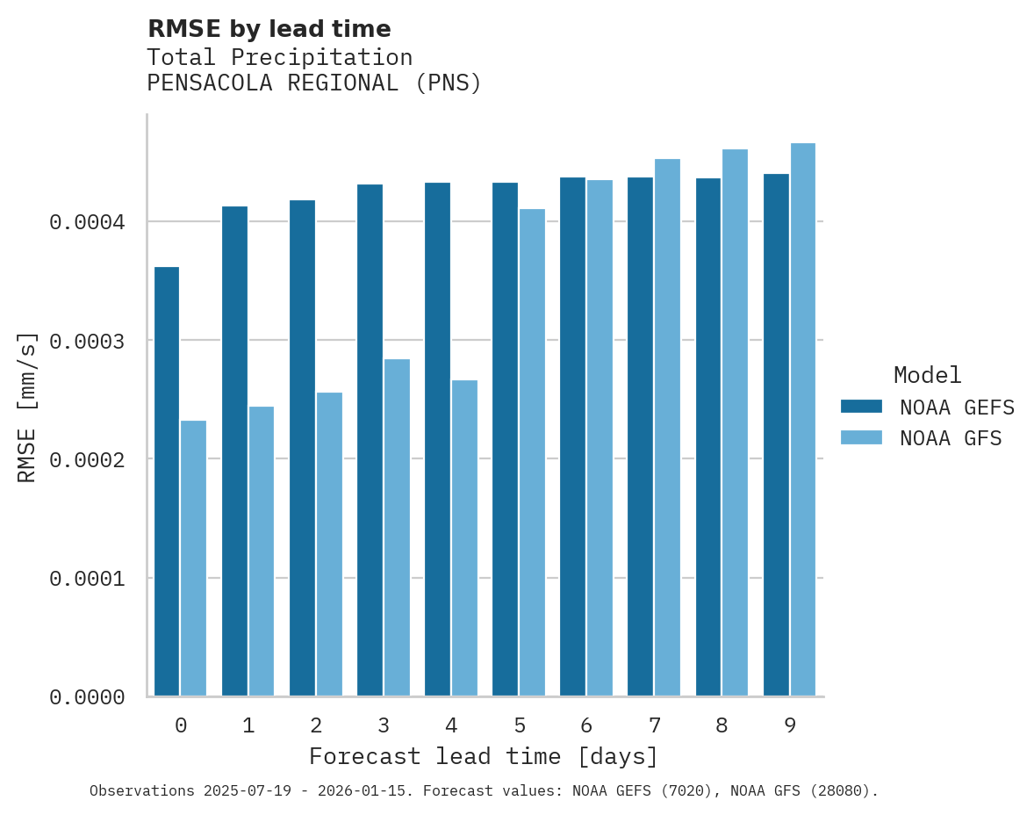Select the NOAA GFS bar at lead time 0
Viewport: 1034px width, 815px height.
(194, 559)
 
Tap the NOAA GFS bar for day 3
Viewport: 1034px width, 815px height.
(397, 527)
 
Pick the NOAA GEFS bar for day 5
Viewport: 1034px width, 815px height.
(505, 439)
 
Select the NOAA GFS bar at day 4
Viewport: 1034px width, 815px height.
(464, 537)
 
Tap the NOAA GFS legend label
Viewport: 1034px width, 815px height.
(951, 438)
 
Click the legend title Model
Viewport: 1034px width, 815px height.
(927, 375)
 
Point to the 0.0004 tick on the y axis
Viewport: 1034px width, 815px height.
(87, 222)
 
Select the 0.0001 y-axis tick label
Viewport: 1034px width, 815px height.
(87, 579)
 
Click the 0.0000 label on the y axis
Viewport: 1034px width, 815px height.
(87, 697)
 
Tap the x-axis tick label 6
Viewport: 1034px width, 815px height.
(586, 725)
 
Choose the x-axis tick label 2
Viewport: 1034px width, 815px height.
(316, 725)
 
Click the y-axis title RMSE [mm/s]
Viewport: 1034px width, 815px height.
(27, 407)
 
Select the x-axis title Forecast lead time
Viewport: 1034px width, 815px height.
(484, 756)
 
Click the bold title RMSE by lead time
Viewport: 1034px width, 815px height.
(269, 29)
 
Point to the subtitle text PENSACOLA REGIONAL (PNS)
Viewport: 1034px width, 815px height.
(314, 83)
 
